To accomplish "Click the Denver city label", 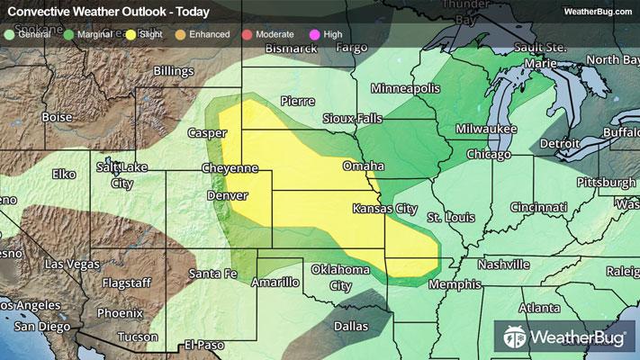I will pos(227,195).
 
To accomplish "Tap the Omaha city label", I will pos(363,166).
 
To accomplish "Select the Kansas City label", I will pos(384,208).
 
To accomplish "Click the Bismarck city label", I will pos(293,47).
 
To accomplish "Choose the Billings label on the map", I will pos(174,70).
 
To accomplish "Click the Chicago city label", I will pos(489,155).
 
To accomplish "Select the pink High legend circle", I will pos(313,34).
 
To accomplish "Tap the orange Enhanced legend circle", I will pos(180,34).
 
